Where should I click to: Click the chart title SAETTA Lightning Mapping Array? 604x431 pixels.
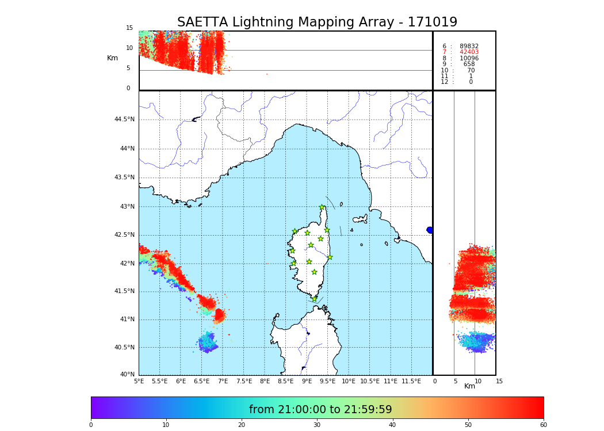pyautogui.click(x=317, y=22)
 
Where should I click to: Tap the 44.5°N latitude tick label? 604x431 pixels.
pyautogui.click(x=124, y=120)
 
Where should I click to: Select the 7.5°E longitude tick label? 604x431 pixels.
pyautogui.click(x=244, y=381)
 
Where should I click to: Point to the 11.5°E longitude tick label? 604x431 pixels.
pyautogui.click(x=411, y=381)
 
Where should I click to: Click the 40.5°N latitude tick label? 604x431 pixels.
pyautogui.click(x=124, y=348)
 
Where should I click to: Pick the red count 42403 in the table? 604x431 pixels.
pyautogui.click(x=469, y=52)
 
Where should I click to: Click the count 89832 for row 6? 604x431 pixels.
pyautogui.click(x=469, y=47)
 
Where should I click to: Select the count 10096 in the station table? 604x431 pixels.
pyautogui.click(x=469, y=59)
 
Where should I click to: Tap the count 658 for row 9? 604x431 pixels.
pyautogui.click(x=469, y=64)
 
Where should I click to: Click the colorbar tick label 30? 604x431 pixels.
pyautogui.click(x=317, y=425)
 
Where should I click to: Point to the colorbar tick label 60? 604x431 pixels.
pyautogui.click(x=543, y=425)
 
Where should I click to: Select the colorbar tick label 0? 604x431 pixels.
pyautogui.click(x=91, y=425)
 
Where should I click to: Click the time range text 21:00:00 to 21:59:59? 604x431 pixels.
pyautogui.click(x=320, y=410)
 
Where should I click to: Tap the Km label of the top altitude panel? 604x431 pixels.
pyautogui.click(x=112, y=58)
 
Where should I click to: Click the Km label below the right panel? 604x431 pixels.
pyautogui.click(x=470, y=386)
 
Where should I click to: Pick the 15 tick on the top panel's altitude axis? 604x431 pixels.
pyautogui.click(x=129, y=28)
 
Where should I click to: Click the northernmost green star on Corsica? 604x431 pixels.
pyautogui.click(x=322, y=207)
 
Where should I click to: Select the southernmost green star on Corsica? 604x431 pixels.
pyautogui.click(x=314, y=299)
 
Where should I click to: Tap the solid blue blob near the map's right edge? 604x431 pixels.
pyautogui.click(x=430, y=230)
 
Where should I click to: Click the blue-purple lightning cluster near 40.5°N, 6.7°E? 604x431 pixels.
pyautogui.click(x=208, y=343)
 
